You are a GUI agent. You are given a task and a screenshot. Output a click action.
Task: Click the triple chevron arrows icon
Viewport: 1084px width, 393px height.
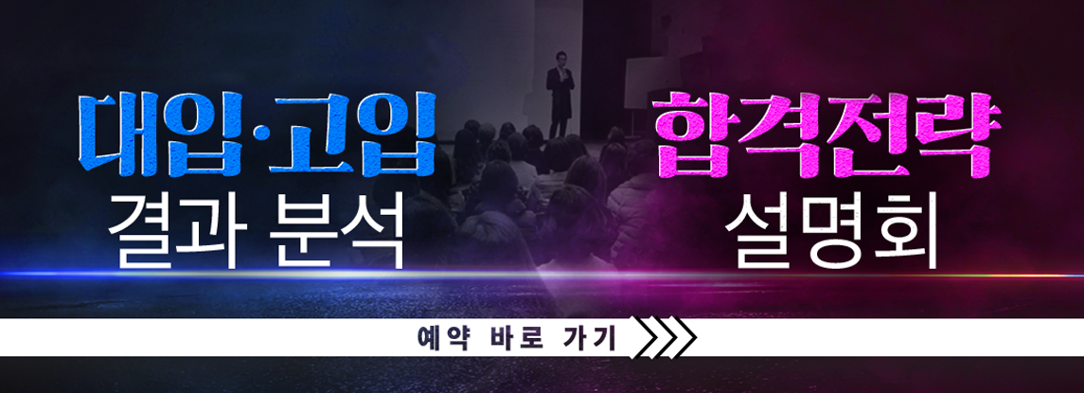665,338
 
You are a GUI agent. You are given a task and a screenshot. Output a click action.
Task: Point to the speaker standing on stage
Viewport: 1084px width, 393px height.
560,95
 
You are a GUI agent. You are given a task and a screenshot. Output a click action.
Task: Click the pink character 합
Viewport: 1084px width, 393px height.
694,135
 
